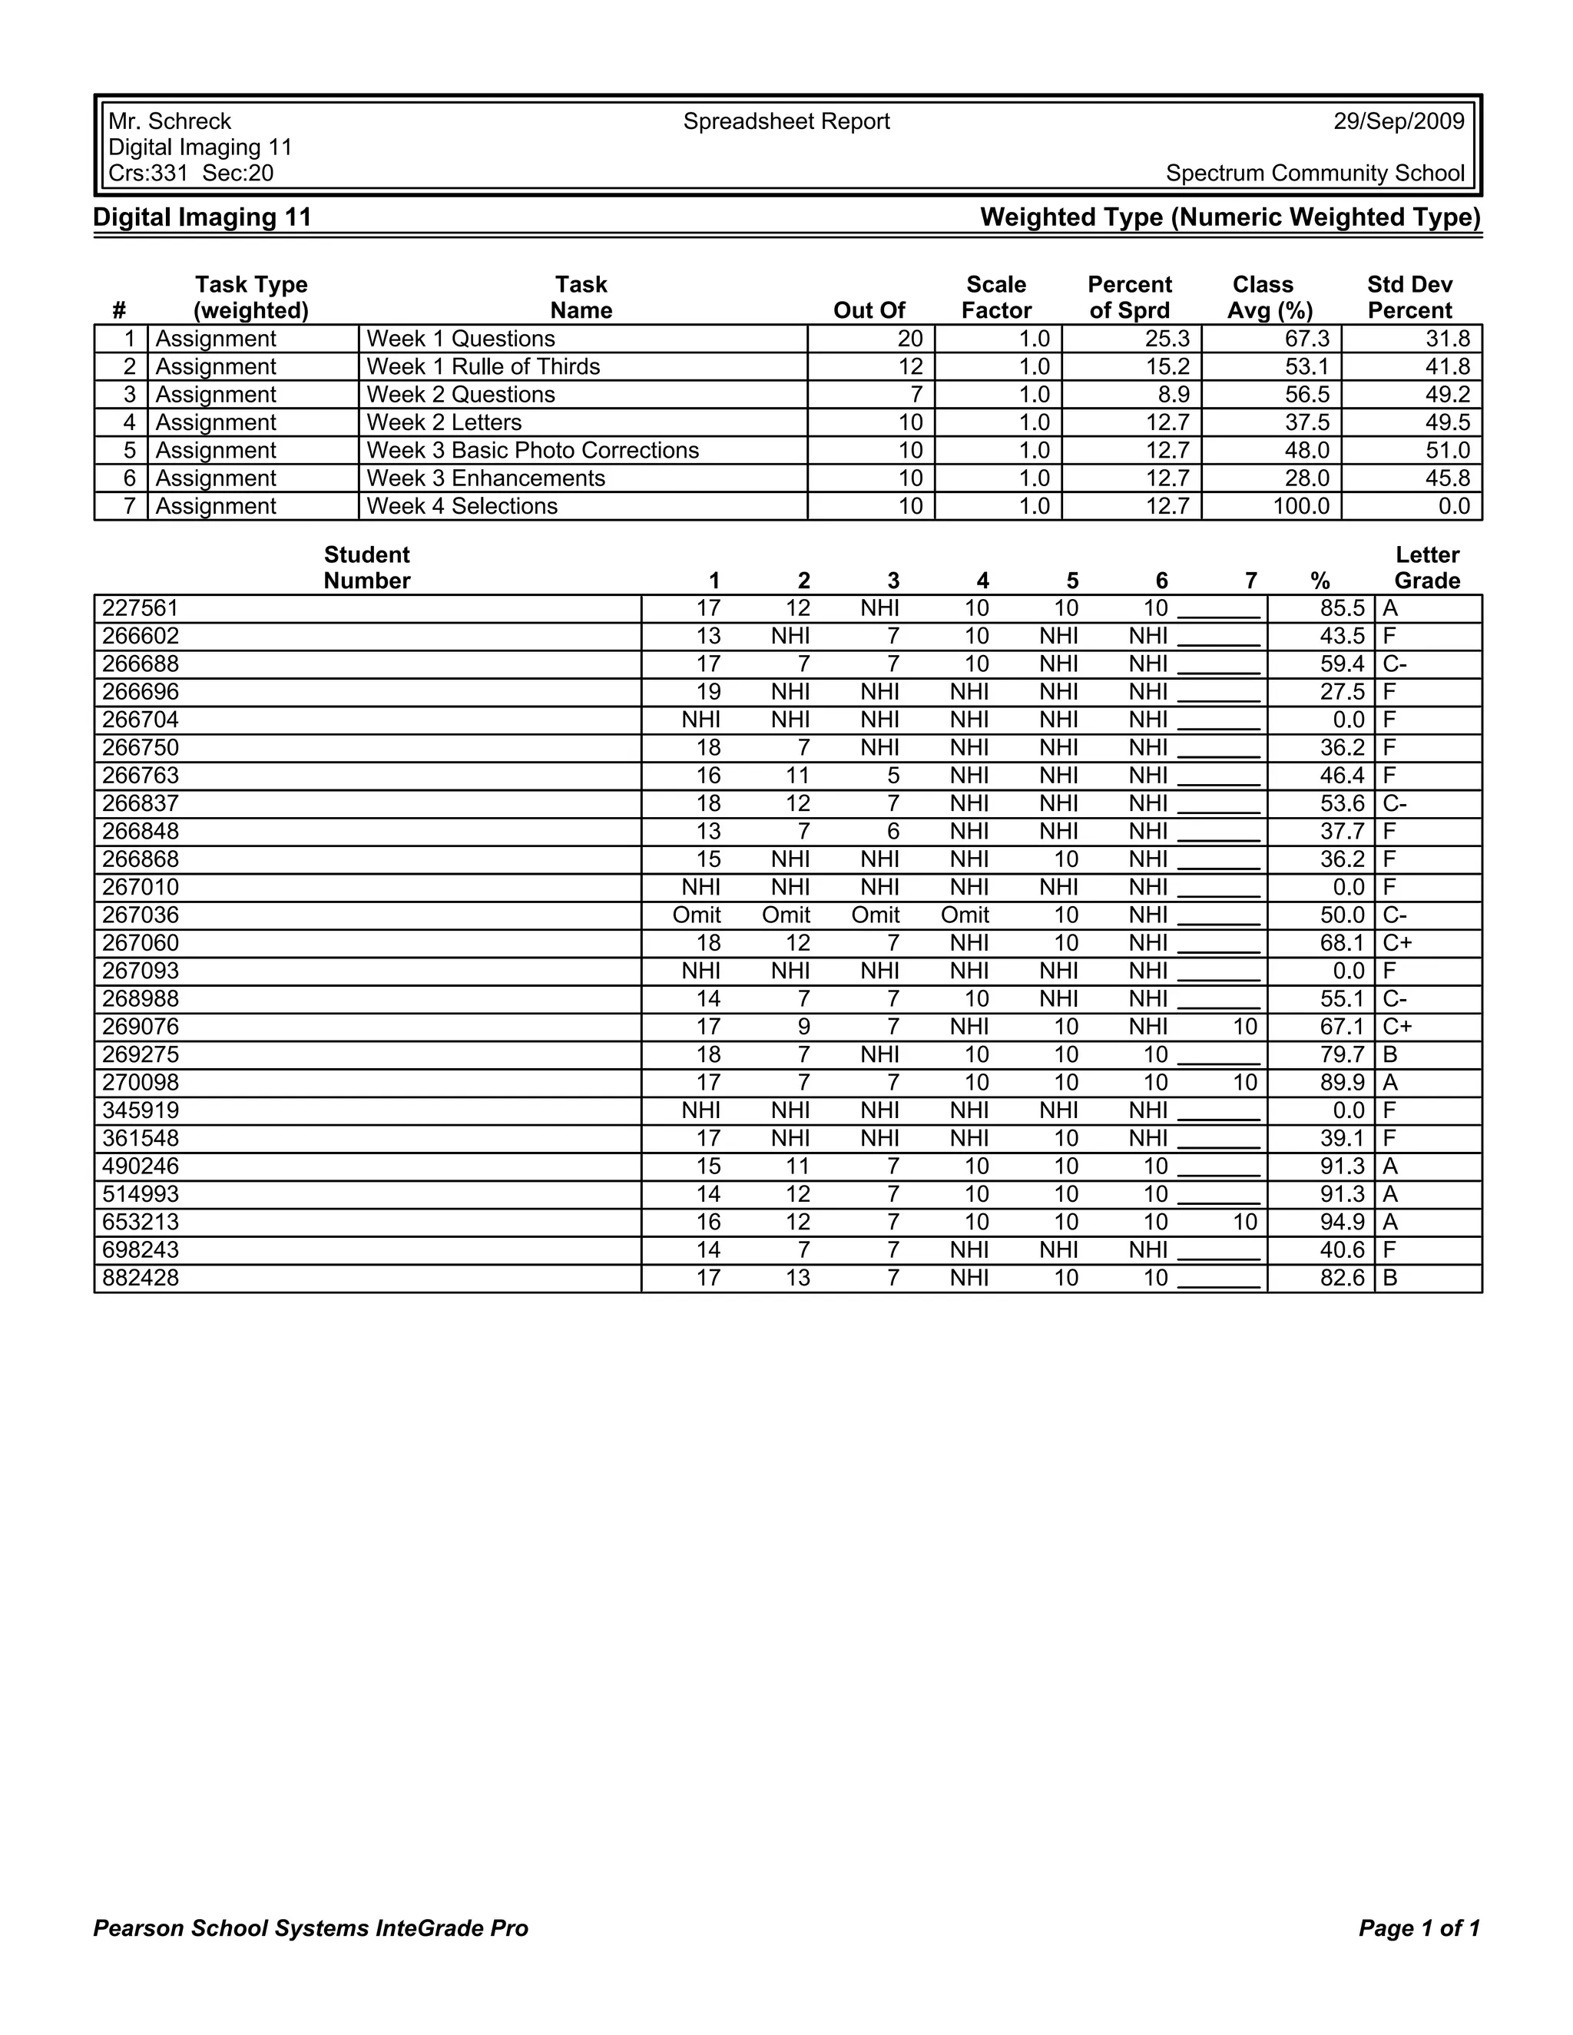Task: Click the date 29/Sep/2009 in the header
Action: (1398, 121)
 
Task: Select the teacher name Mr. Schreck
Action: (170, 121)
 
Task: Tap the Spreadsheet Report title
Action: (786, 121)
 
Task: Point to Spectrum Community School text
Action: (1315, 174)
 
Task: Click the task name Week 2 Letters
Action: (444, 422)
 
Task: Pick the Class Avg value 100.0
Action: (1301, 506)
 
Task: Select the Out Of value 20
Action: (909, 338)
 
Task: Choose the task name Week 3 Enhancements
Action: (485, 478)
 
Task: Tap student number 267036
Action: (141, 915)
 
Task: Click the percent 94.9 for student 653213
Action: (1342, 1222)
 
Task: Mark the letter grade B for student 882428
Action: (1390, 1278)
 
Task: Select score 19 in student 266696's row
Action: (708, 691)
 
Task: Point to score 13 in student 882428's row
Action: (798, 1278)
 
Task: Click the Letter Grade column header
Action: (1427, 567)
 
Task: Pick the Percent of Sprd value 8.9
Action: (1174, 394)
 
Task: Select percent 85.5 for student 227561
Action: (1342, 608)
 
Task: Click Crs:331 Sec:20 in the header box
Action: (191, 174)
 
